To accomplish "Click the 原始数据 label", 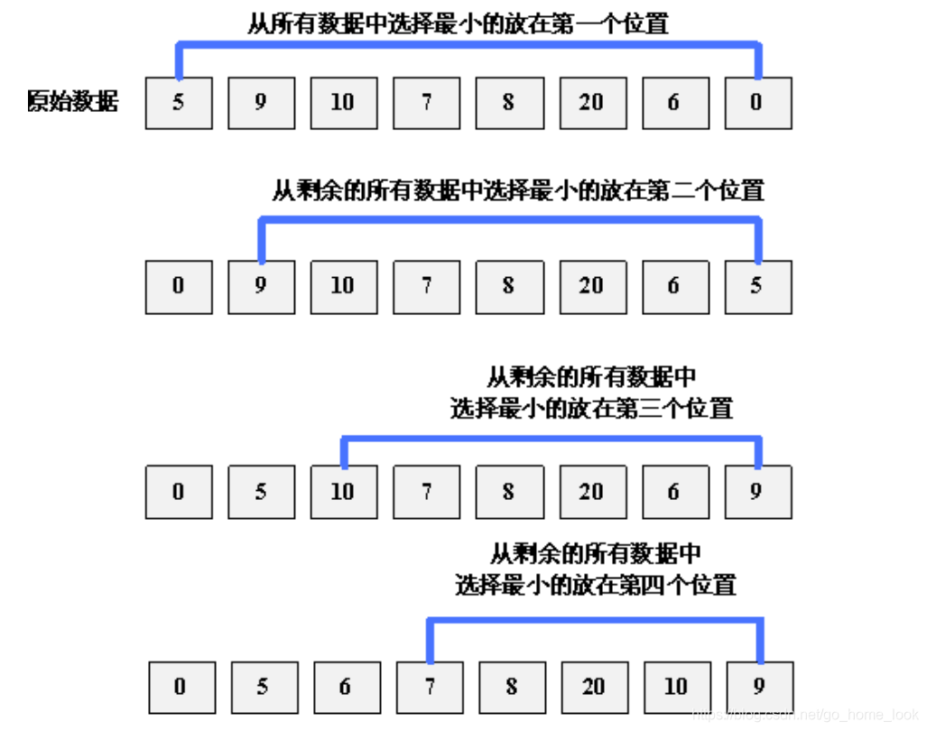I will coord(73,102).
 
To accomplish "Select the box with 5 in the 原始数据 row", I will coord(179,103).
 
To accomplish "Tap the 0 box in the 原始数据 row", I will coord(757,103).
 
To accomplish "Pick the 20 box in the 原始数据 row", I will coord(592,103).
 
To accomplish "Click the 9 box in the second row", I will coord(261,286).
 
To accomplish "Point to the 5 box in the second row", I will coord(757,286).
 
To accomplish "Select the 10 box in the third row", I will coord(344,492).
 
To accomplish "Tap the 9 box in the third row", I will coord(757,492).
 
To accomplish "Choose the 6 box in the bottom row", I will coord(345,687).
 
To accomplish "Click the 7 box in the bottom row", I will coord(429,687).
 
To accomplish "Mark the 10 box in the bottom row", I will coord(676,687).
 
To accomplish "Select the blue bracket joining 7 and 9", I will coord(596,620).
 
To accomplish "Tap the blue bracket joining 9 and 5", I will coord(510,218).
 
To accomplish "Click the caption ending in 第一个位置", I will coord(458,23).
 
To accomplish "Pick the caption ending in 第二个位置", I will coord(518,190).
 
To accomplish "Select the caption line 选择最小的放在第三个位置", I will coord(591,408).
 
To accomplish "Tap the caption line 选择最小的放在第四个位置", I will coord(596,585).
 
